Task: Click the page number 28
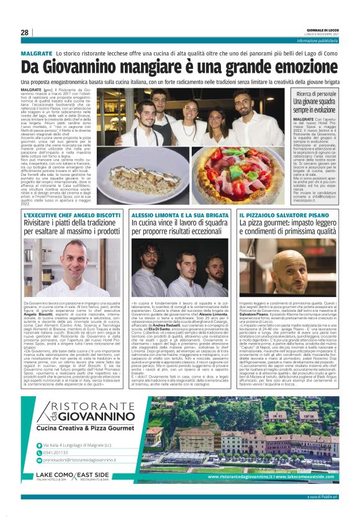coord(24,32)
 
